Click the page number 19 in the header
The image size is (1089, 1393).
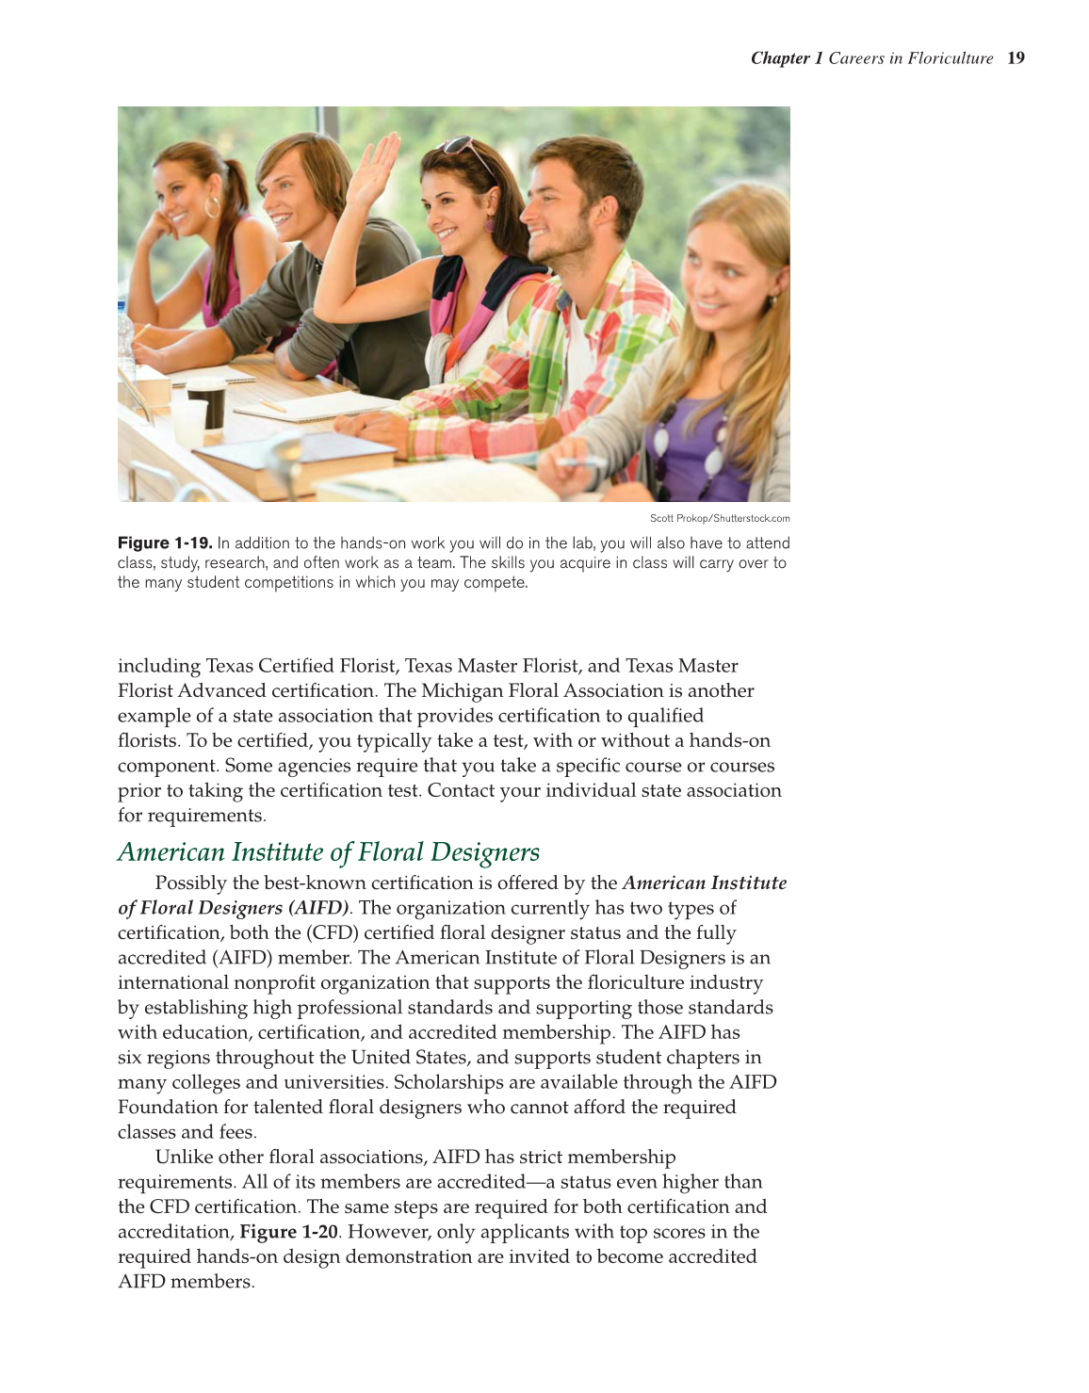(1016, 58)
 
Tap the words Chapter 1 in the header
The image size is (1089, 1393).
(787, 58)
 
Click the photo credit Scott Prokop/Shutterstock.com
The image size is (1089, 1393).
(720, 518)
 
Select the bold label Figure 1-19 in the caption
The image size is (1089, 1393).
(164, 543)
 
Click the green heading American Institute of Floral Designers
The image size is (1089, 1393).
(329, 851)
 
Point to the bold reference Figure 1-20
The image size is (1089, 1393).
(288, 1232)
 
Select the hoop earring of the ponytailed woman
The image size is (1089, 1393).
(212, 207)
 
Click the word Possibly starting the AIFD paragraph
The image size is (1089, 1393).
(191, 883)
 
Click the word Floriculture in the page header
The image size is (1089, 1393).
(951, 58)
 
